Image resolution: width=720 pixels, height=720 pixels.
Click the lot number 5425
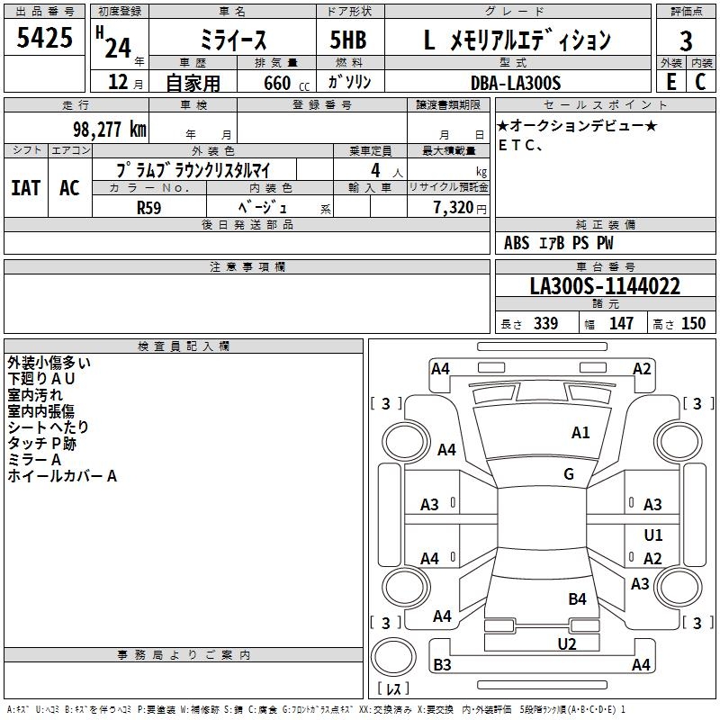tap(45, 39)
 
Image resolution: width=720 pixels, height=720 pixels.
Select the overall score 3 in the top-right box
tap(686, 40)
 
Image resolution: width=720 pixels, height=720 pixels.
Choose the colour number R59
tap(149, 207)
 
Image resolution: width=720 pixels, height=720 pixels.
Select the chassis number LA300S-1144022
tap(605, 287)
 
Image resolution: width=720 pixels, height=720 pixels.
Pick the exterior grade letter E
tap(670, 83)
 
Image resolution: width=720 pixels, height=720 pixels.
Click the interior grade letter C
tap(700, 83)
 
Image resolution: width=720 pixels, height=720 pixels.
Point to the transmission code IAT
tap(25, 188)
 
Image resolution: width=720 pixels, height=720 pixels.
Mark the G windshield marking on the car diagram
tap(569, 474)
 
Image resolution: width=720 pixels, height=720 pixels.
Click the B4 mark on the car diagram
tap(578, 598)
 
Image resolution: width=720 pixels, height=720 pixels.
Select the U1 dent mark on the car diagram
tap(653, 535)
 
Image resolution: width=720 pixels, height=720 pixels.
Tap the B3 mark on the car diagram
tap(442, 665)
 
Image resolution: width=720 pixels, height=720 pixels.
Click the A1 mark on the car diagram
tap(581, 433)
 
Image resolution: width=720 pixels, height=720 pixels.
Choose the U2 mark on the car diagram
tap(567, 643)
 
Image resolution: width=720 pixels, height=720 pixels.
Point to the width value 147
tap(621, 324)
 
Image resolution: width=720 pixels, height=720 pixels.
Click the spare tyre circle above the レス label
tap(391, 657)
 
